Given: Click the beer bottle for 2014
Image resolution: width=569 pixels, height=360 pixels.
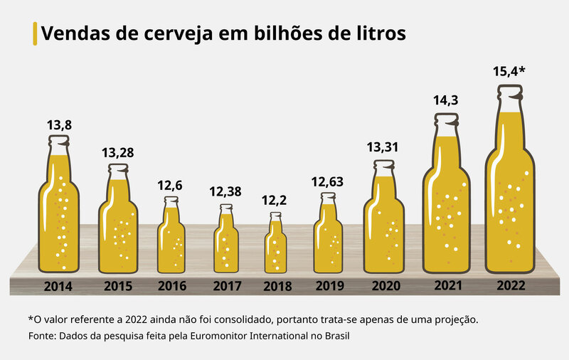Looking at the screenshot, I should pyautogui.click(x=58, y=213).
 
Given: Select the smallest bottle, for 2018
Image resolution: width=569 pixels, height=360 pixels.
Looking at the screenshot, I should pyautogui.click(x=276, y=245).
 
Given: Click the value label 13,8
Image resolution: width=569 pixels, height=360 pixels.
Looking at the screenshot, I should pyautogui.click(x=59, y=125).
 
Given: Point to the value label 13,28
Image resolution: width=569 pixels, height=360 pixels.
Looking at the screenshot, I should pyautogui.click(x=118, y=152).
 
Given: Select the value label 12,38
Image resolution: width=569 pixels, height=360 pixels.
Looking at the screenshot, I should pyautogui.click(x=226, y=191).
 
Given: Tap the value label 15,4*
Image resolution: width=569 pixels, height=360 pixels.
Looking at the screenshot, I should pyautogui.click(x=509, y=72).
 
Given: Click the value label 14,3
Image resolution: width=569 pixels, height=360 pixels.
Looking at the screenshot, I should pyautogui.click(x=445, y=101).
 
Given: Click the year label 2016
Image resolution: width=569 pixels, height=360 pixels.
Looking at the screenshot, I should pyautogui.click(x=171, y=287).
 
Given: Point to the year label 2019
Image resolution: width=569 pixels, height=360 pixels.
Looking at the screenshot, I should pyautogui.click(x=329, y=287).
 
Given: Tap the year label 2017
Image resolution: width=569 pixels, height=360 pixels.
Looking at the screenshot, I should pyautogui.click(x=227, y=287).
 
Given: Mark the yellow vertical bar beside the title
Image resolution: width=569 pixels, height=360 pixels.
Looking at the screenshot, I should pyautogui.click(x=35, y=33).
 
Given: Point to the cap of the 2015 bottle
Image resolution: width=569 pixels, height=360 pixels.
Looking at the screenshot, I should pyautogui.click(x=118, y=168).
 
